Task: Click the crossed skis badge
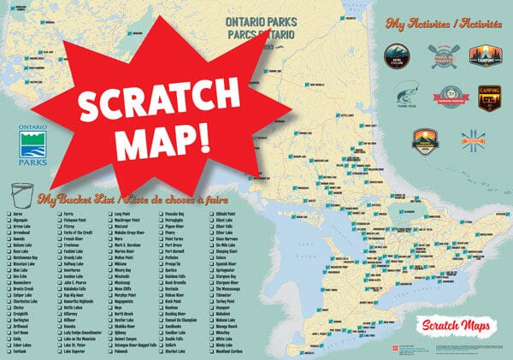click(x=472, y=139)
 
